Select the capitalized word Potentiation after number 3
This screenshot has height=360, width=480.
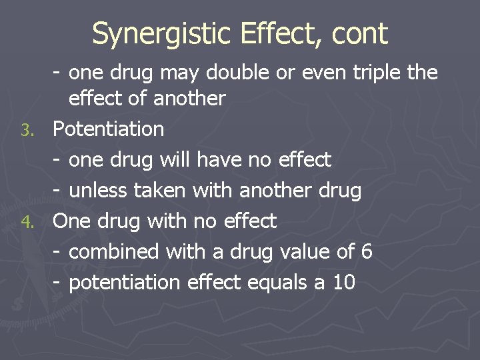click(x=108, y=129)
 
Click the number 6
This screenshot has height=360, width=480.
click(x=365, y=252)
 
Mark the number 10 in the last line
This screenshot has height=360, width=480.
click(x=343, y=283)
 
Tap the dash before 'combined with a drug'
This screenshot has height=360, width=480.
click(x=58, y=252)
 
